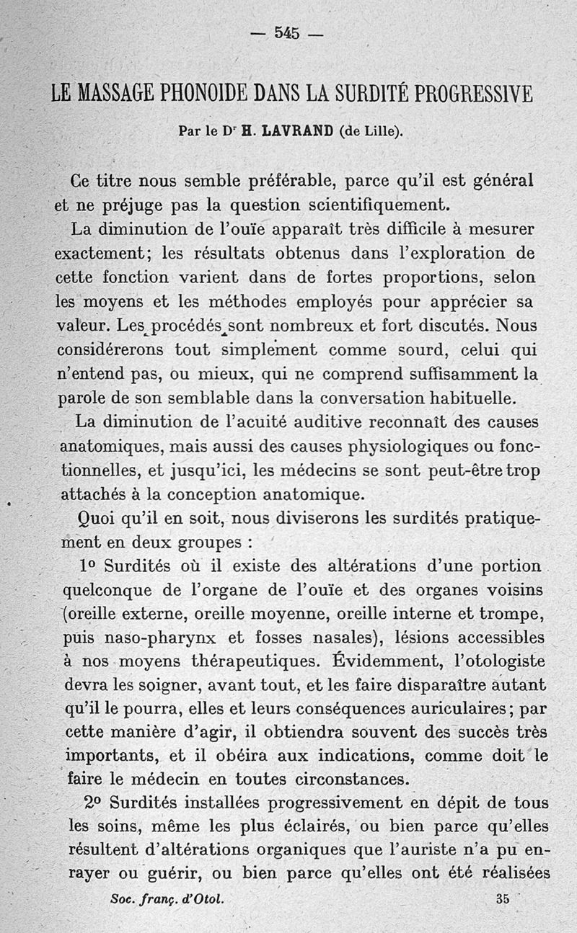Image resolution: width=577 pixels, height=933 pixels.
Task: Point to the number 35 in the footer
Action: [x=503, y=898]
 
